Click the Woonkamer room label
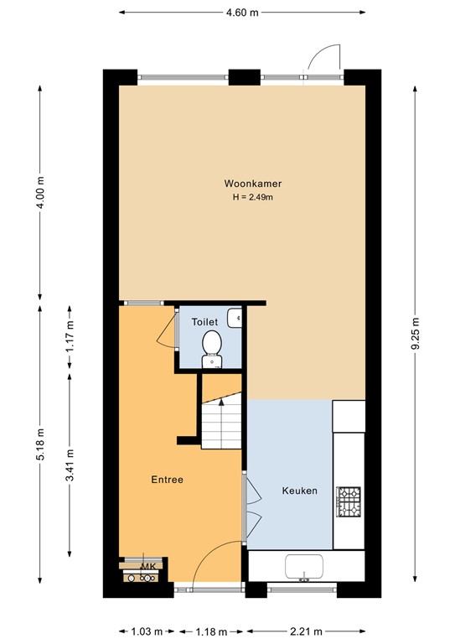[252, 184]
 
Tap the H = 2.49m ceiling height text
[252, 198]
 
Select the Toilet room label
[204, 322]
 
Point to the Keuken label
[299, 491]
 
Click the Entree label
[167, 480]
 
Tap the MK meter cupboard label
[149, 567]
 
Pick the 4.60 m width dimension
[242, 13]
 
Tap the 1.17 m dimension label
[70, 337]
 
